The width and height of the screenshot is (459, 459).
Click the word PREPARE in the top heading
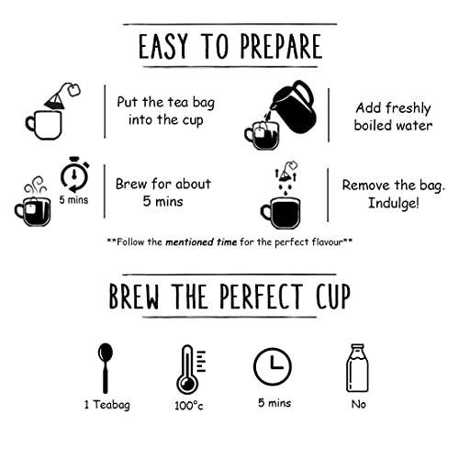coord(281,46)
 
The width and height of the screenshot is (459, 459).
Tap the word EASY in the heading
coord(162,46)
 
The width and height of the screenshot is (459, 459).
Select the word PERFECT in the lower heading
coord(261,296)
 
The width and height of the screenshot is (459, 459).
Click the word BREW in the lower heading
coord(134,296)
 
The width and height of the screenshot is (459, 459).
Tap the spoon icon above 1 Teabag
coord(106,368)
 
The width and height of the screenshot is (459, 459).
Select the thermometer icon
coord(190,369)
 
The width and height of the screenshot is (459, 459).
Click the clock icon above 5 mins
coord(273,366)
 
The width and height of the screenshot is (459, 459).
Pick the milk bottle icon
coord(357,368)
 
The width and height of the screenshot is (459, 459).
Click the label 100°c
coord(188,406)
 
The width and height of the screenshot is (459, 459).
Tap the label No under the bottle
coord(358,404)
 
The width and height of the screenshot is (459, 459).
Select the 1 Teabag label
coord(107,405)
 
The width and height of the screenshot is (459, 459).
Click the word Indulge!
coord(393,203)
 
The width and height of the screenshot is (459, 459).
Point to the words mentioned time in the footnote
coord(201,242)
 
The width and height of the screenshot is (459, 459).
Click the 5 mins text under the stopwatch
coord(73,200)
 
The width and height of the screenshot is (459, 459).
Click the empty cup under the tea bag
coord(44,126)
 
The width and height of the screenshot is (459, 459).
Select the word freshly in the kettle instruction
coord(408,108)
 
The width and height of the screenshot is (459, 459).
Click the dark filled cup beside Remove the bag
coord(281,213)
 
